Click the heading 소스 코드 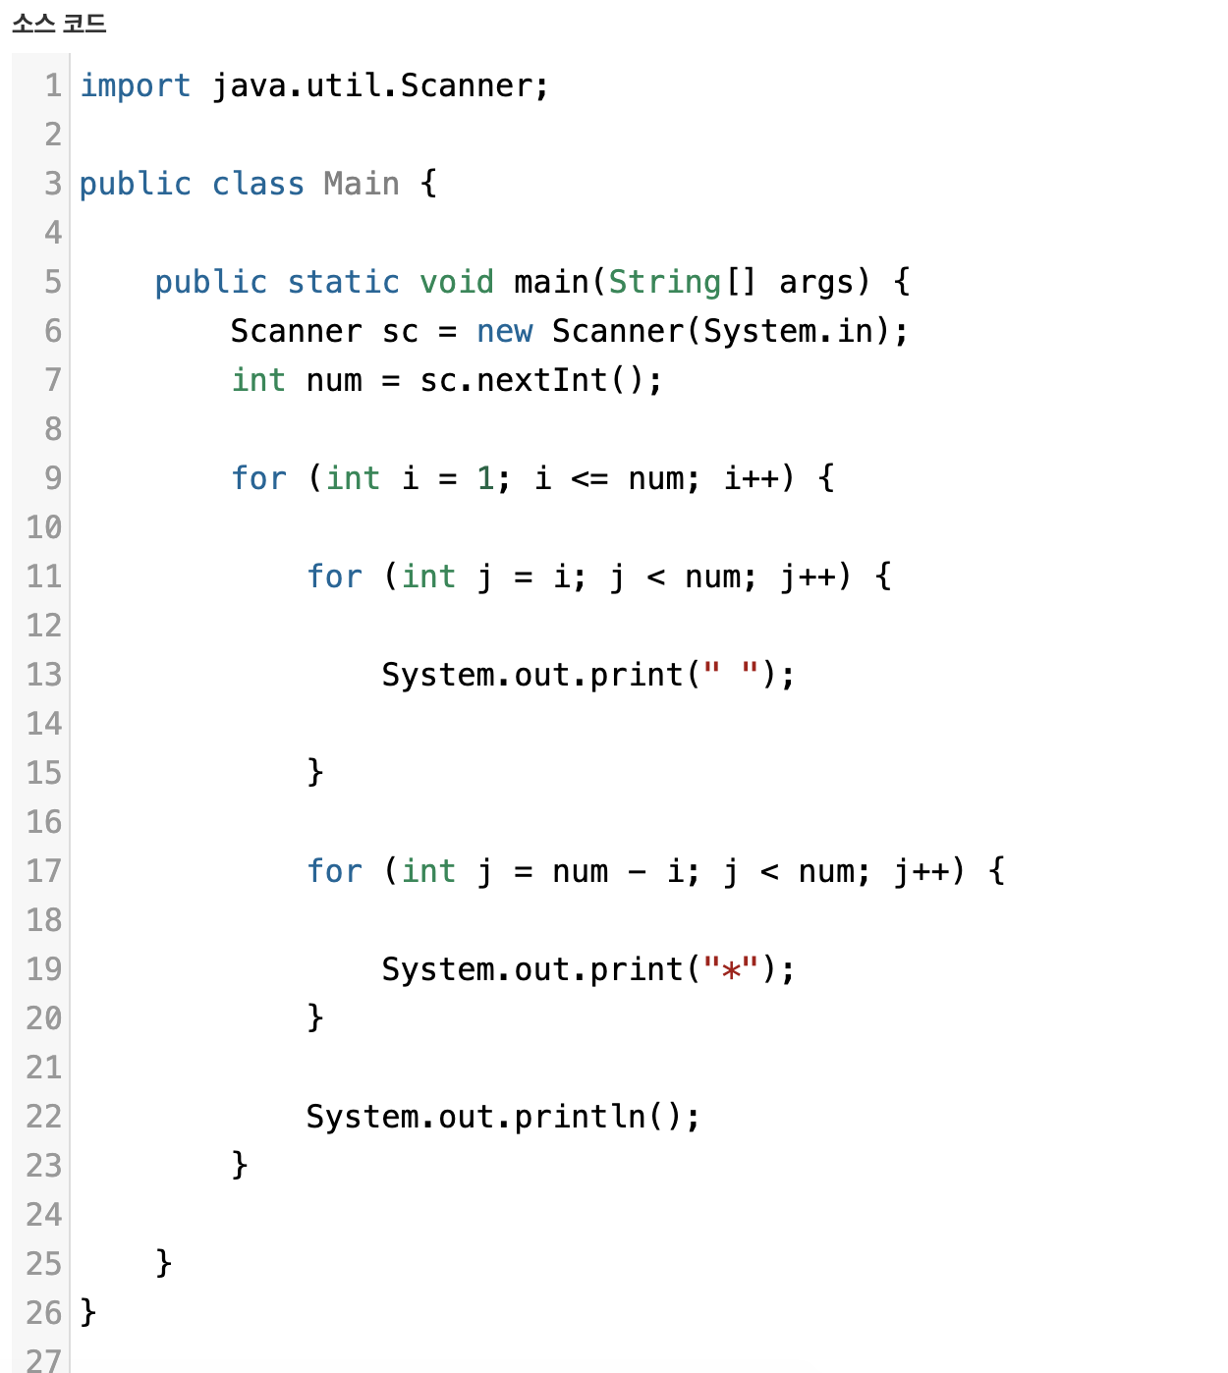tap(59, 23)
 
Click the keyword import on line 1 tap(135, 85)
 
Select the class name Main tap(362, 184)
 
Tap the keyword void tap(457, 282)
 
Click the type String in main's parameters tap(665, 282)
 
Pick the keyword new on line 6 tap(504, 331)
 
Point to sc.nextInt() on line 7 tap(540, 380)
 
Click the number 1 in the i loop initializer tap(485, 478)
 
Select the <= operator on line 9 tap(589, 478)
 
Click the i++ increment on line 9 tap(753, 478)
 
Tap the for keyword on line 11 tap(334, 577)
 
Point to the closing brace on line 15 tap(315, 772)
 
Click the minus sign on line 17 tap(638, 871)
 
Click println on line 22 tap(581, 1117)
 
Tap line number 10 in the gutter tap(44, 527)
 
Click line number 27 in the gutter tap(44, 1360)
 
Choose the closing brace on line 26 tap(88, 1312)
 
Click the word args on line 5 tap(816, 282)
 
